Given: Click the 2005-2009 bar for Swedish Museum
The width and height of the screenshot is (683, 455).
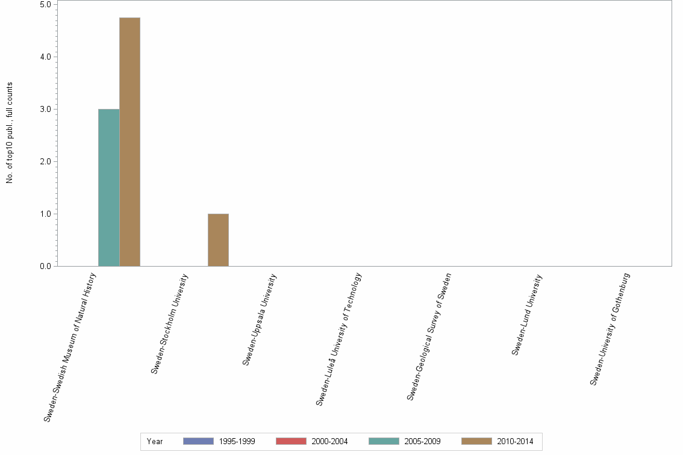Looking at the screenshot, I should (108, 187).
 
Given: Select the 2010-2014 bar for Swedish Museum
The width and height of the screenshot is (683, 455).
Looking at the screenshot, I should (129, 141).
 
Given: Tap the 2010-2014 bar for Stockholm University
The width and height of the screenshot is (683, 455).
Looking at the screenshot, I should (218, 240).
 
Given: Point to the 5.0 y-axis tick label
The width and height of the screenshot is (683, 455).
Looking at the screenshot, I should (45, 4).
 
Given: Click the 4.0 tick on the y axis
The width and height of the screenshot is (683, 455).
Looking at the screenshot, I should (45, 57).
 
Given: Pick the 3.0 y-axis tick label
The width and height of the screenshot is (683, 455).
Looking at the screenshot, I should (45, 109).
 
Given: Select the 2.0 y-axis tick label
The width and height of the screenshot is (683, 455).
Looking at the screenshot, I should (45, 161).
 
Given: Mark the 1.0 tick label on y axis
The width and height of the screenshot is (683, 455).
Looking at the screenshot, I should (45, 214).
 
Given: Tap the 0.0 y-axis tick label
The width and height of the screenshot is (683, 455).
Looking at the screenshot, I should (45, 266).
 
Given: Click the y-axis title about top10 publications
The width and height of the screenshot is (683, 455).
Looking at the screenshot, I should (10, 132).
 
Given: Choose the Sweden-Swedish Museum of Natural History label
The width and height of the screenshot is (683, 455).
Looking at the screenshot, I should (70, 347).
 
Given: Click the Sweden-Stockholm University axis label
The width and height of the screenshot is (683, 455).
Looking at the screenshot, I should (170, 324).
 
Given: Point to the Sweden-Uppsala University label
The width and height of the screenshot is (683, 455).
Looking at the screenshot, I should (260, 319).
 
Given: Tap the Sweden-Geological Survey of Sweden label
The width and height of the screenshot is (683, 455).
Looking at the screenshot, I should (429, 336).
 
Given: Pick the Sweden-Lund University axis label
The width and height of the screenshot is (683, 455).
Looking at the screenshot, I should (527, 314).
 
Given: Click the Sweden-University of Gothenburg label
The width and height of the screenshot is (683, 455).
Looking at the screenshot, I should (610, 329).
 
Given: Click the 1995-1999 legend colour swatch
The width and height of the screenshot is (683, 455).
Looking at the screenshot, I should (198, 441).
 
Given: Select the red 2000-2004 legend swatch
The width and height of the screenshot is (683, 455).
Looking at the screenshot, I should (291, 441).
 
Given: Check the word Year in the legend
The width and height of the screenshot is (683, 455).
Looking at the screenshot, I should (155, 442).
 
